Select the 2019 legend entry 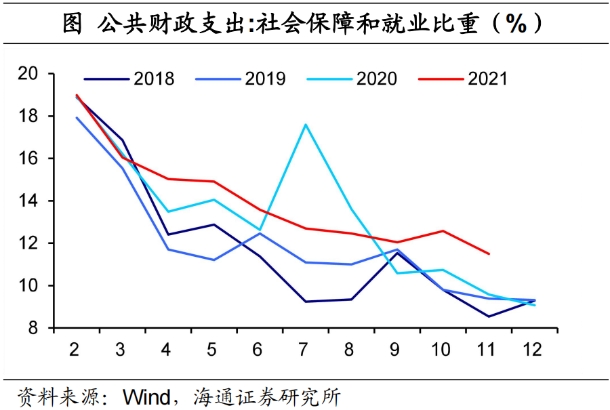tap(241, 79)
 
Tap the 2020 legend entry tap(352, 79)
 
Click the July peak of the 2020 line tap(306, 124)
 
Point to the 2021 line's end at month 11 tap(489, 254)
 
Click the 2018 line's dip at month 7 tap(306, 302)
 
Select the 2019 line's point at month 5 tap(214, 260)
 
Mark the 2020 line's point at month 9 tap(397, 273)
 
